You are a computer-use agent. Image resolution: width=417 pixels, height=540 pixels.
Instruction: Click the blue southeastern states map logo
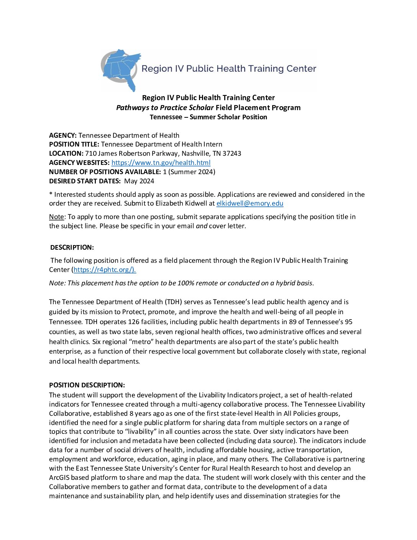point(121,69)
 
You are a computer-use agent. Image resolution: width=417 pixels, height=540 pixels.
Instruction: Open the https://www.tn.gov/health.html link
point(161,163)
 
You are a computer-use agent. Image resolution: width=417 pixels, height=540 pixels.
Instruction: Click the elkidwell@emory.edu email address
point(250,203)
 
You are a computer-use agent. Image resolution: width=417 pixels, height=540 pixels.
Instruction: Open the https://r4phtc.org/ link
point(104,270)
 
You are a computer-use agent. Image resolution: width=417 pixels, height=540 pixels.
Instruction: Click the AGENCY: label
point(63,135)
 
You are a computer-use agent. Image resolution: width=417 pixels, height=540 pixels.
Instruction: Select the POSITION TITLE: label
point(74,144)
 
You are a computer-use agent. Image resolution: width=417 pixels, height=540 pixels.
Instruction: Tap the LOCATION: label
point(66,153)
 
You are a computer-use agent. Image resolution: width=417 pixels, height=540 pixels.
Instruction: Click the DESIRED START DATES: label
point(85,181)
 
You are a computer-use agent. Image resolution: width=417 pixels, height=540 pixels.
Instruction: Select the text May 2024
point(139,181)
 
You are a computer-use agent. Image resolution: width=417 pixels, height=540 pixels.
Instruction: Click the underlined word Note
point(56,217)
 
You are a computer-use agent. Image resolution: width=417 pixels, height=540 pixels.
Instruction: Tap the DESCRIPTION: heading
point(72,247)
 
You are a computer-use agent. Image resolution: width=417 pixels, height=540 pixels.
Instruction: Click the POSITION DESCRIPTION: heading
point(87,385)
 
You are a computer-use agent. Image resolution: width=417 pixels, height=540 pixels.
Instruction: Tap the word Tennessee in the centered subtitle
point(166,117)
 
